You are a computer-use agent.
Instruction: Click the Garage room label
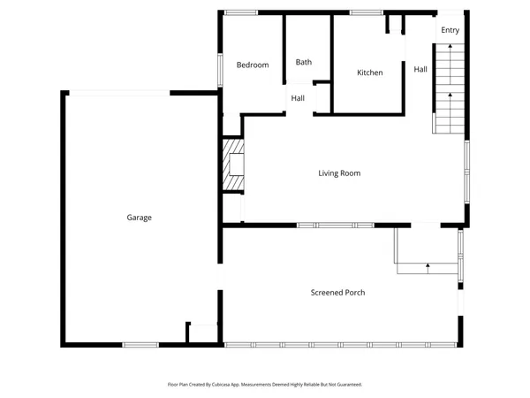pos(139,217)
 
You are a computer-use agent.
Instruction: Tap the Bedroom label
pos(253,65)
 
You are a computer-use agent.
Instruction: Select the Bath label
pos(304,62)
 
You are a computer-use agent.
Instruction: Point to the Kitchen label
pos(369,73)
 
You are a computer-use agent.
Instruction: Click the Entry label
pos(450,30)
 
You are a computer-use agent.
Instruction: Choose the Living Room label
pos(339,173)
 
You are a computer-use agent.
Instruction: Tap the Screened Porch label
pos(337,292)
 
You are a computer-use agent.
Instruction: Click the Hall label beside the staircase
pos(420,69)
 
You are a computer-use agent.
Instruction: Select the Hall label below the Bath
pos(299,98)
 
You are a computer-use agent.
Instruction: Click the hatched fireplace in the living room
pos(232,164)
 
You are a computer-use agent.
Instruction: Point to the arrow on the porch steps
pos(428,264)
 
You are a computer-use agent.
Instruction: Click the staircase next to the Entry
pos(450,88)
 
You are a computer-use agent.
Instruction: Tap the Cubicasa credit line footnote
pos(265,385)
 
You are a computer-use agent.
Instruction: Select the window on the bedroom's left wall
pos(220,69)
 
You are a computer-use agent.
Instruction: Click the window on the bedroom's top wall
pos(240,11)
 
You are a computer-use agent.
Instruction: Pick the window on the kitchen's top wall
pos(366,11)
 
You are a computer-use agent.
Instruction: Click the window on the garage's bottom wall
pos(140,344)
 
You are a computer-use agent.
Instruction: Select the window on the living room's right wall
pos(466,172)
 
